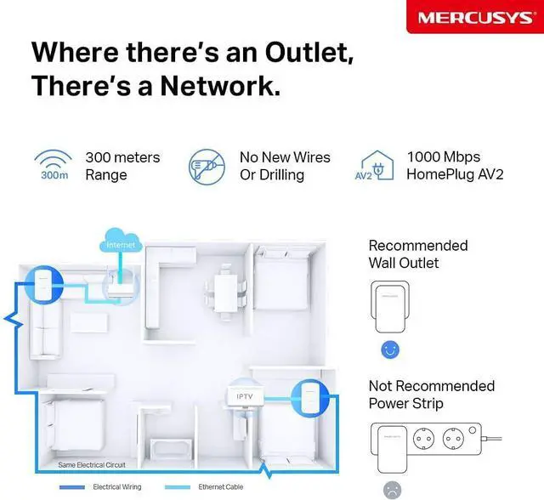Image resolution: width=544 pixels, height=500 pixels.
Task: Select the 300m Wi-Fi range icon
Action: point(53,166)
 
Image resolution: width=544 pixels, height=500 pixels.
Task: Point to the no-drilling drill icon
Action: point(206,166)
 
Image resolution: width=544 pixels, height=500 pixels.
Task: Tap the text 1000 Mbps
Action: point(444,157)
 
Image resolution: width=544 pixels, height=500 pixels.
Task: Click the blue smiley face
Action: point(390,349)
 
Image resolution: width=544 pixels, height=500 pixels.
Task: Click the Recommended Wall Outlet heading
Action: point(418,254)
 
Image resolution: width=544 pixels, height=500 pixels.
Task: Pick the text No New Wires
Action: point(285,157)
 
